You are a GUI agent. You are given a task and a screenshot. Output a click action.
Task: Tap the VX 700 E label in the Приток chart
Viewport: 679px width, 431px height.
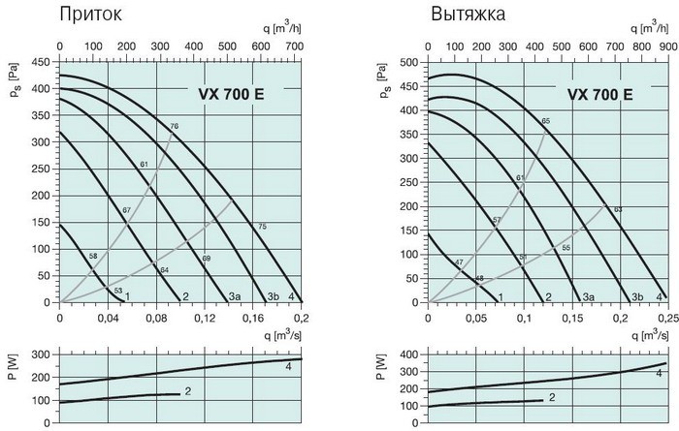click(230, 94)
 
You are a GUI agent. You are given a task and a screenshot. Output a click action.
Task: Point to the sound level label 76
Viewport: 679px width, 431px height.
click(175, 127)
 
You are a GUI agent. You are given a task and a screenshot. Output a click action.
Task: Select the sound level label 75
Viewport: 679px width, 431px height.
click(261, 227)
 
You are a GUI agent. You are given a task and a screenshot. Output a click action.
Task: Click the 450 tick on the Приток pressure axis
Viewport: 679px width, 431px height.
click(42, 61)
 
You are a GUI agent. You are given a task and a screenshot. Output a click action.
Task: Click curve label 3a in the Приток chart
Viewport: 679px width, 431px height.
click(234, 296)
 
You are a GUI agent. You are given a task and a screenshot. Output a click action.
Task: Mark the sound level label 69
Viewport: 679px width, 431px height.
click(206, 258)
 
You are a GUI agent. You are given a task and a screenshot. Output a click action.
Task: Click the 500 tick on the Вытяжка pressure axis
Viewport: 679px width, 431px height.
click(410, 61)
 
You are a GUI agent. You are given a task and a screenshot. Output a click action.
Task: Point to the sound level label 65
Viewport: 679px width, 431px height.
click(546, 120)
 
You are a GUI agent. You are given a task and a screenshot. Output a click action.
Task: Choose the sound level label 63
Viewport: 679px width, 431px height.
click(618, 210)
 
